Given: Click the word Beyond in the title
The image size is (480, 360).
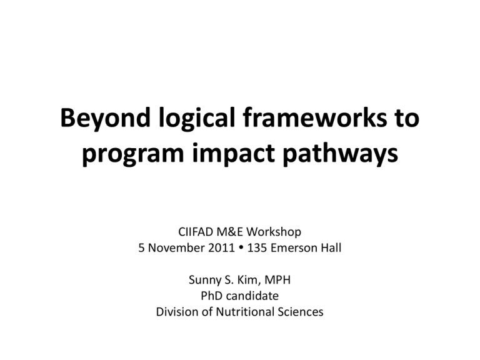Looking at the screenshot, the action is [x=105, y=119].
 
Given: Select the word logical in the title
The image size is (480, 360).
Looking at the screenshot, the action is [x=197, y=119].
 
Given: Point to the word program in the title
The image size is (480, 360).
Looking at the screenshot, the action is [x=132, y=154].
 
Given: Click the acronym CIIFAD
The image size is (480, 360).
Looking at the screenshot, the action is [x=196, y=232].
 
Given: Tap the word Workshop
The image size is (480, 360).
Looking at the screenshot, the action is [x=274, y=232].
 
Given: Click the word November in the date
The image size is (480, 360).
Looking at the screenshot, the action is [x=176, y=248].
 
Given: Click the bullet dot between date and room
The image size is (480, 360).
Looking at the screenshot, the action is [x=241, y=248].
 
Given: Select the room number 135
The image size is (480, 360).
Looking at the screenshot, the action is [x=257, y=248].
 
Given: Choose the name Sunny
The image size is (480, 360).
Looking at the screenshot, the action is [x=204, y=281].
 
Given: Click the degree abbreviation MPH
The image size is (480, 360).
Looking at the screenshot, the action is [x=277, y=280].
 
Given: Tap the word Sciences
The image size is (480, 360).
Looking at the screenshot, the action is [x=301, y=312].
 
